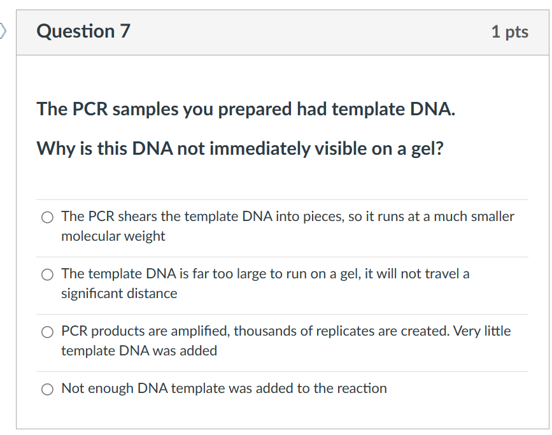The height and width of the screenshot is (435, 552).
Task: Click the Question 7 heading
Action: (x=83, y=31)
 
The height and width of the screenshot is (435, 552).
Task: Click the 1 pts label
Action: (x=509, y=32)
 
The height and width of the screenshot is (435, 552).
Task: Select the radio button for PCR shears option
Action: (x=47, y=217)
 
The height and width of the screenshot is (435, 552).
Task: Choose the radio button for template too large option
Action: (x=47, y=275)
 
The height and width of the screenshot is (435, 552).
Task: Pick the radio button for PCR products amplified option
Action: (x=47, y=332)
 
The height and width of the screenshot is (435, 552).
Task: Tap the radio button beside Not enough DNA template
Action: (x=47, y=389)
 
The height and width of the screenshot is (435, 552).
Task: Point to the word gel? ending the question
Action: (x=425, y=149)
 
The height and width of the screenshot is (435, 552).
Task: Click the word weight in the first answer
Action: (x=146, y=236)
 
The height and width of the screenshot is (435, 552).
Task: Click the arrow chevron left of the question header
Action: (x=4, y=30)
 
